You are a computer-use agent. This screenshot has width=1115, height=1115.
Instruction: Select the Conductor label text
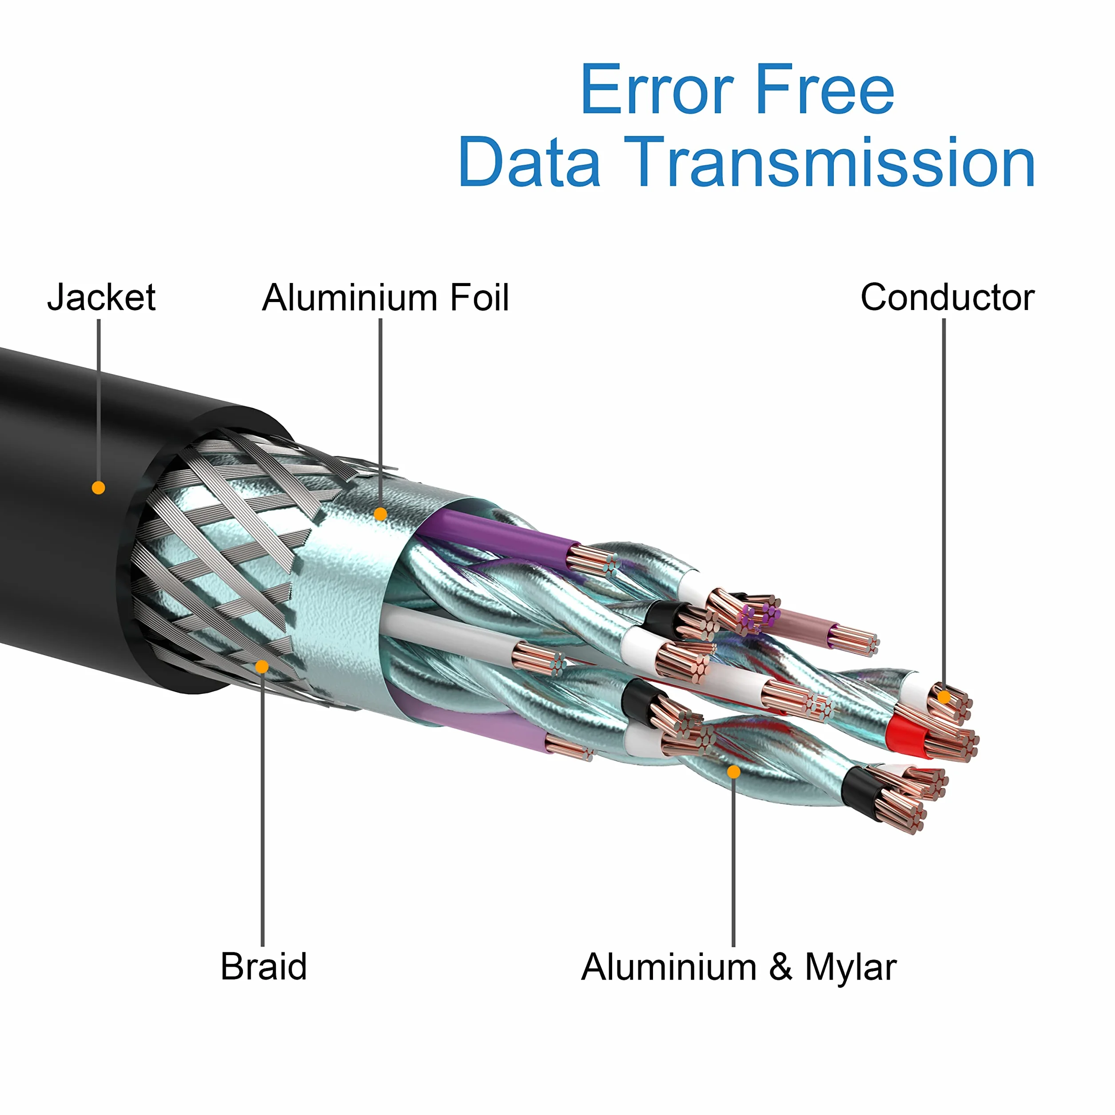pos(947,298)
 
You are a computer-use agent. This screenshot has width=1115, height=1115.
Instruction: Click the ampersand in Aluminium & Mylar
pos(780,967)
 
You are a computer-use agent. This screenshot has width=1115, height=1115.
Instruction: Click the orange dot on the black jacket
pos(99,488)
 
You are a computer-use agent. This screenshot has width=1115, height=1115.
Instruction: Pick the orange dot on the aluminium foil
pos(380,514)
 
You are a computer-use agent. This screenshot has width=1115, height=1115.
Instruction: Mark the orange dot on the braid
pos(262,667)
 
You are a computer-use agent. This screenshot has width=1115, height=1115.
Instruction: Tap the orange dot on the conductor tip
pos(944,697)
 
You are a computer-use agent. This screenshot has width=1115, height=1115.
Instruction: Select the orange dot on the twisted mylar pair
pos(733,772)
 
